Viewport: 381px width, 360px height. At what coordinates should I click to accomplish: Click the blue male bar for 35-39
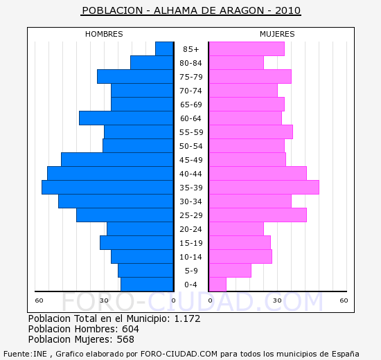(x=107, y=187)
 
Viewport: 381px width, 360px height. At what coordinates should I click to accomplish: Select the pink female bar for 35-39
(x=263, y=187)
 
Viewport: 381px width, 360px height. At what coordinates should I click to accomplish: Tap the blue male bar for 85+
(x=164, y=48)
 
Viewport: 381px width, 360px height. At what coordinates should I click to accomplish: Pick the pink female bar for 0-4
(x=217, y=284)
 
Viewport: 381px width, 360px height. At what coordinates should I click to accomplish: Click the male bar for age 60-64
(x=126, y=118)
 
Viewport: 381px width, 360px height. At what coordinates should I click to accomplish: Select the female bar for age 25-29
(x=257, y=215)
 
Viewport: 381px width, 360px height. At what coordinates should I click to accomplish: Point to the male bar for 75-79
(x=135, y=76)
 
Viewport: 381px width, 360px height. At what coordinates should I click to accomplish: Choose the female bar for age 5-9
(x=229, y=270)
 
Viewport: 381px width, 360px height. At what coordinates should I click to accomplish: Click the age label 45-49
(x=190, y=160)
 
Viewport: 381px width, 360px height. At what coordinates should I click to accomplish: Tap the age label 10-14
(x=190, y=257)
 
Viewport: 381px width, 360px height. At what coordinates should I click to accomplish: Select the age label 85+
(x=190, y=49)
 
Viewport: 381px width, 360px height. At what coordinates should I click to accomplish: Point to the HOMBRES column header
(x=104, y=34)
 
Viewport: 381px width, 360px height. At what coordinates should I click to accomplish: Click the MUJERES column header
(x=277, y=34)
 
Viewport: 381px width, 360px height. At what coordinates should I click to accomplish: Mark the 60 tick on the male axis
(x=39, y=300)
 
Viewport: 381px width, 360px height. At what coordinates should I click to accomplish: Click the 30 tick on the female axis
(x=276, y=300)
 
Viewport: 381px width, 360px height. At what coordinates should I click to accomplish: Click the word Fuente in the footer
(x=17, y=353)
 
